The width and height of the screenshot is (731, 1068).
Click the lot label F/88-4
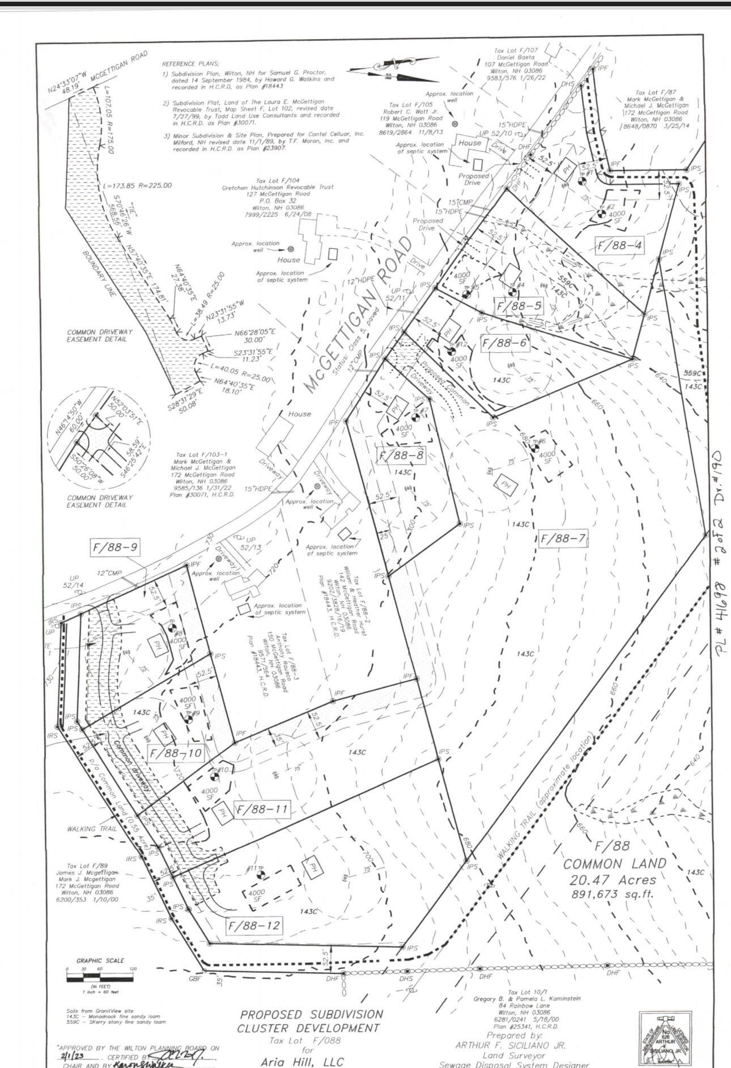[620, 246]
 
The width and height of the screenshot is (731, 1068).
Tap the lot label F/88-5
[519, 307]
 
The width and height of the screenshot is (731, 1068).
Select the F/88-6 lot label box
[504, 343]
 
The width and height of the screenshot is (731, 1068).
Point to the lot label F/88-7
[563, 538]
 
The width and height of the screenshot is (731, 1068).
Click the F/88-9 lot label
[116, 548]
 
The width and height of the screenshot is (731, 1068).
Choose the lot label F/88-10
[175, 753]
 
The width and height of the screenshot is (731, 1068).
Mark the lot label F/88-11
[261, 809]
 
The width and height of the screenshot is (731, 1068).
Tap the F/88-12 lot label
[253, 926]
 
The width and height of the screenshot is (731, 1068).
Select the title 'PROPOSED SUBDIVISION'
[311, 1014]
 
